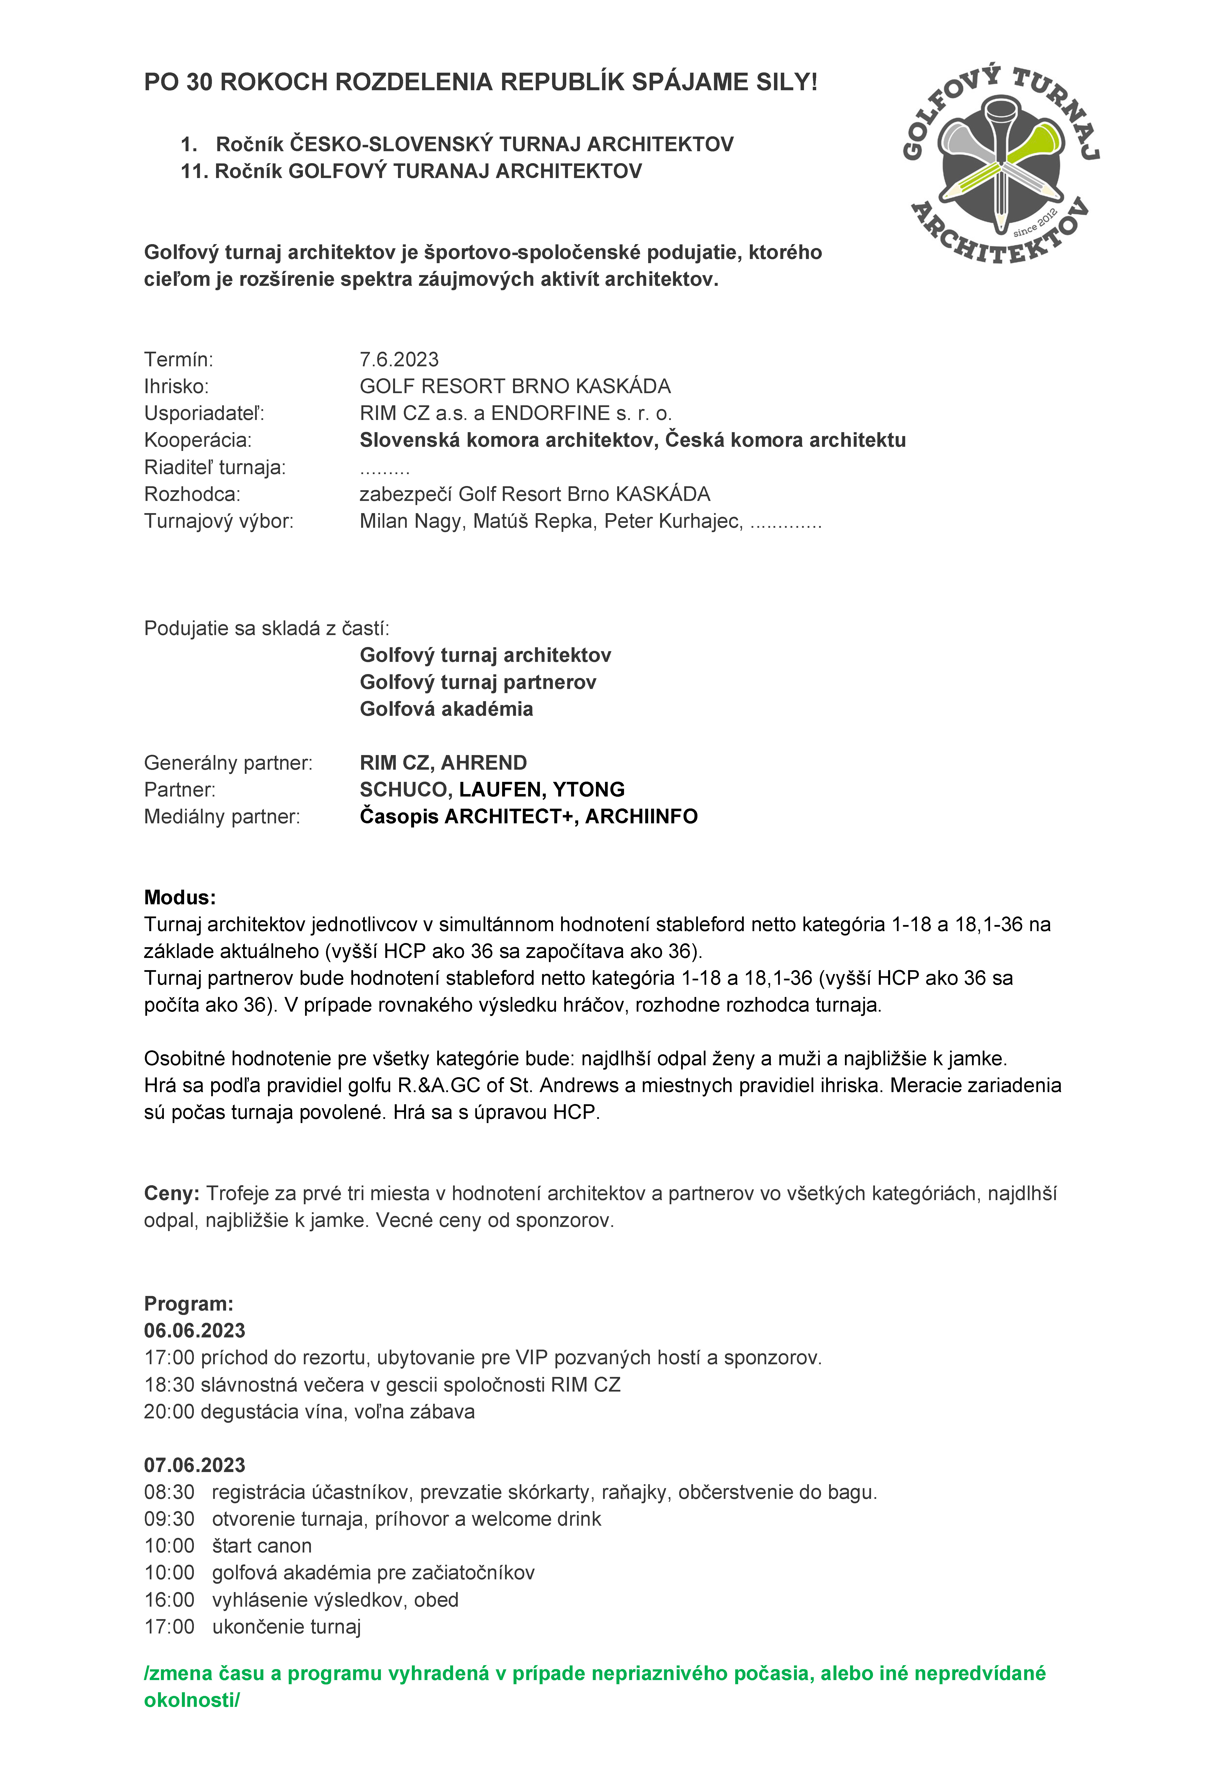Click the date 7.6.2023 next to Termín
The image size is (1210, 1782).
[x=399, y=360]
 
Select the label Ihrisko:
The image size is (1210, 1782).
[x=176, y=387]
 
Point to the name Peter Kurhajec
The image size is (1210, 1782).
[x=673, y=521]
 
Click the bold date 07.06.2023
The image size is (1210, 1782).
[x=195, y=1465]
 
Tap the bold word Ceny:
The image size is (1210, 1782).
[x=172, y=1193]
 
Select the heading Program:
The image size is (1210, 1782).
[x=189, y=1304]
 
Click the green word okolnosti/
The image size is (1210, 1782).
[x=192, y=1700]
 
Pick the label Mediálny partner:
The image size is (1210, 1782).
[x=222, y=817]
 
